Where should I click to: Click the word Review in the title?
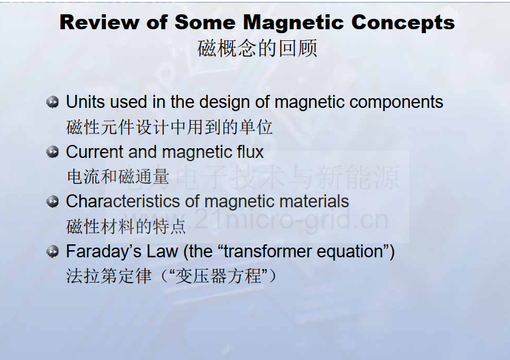pyautogui.click(x=100, y=23)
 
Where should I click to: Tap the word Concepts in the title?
pyautogui.click(x=403, y=23)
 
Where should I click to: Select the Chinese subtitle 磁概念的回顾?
pyautogui.click(x=257, y=49)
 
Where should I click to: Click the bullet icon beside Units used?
pyautogui.click(x=53, y=102)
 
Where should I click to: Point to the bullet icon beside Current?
pyautogui.click(x=53, y=152)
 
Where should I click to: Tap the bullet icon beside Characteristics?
pyautogui.click(x=53, y=201)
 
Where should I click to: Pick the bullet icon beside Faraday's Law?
pyautogui.click(x=53, y=251)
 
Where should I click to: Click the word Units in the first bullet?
pyautogui.click(x=85, y=102)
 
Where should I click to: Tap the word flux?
pyautogui.click(x=250, y=152)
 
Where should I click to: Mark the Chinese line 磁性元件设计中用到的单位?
pyautogui.click(x=169, y=127)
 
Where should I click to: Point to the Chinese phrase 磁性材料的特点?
pyautogui.click(x=126, y=226)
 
